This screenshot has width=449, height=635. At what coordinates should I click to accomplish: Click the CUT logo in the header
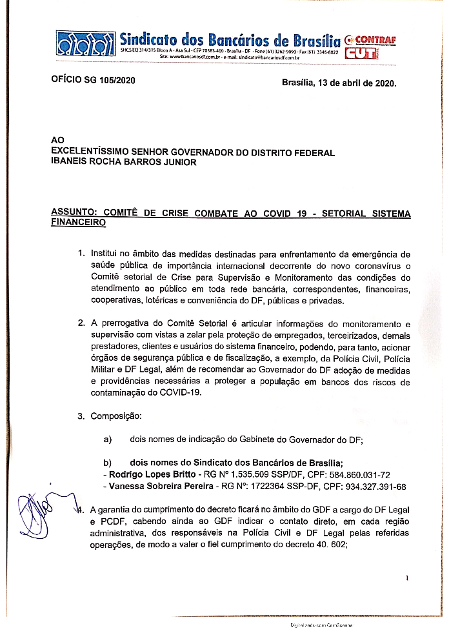tap(360, 54)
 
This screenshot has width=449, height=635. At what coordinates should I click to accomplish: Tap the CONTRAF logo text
tap(365, 39)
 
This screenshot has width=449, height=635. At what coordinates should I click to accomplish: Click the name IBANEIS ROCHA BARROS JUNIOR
tap(123, 163)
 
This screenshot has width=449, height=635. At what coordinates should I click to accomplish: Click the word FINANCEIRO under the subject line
tap(77, 223)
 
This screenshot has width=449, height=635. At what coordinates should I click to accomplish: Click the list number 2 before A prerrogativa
tap(81, 323)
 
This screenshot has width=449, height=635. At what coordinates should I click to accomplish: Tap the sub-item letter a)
tap(108, 439)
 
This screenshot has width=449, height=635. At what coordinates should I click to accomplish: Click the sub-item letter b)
tap(108, 463)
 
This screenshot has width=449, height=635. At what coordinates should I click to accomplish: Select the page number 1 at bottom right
tap(407, 578)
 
